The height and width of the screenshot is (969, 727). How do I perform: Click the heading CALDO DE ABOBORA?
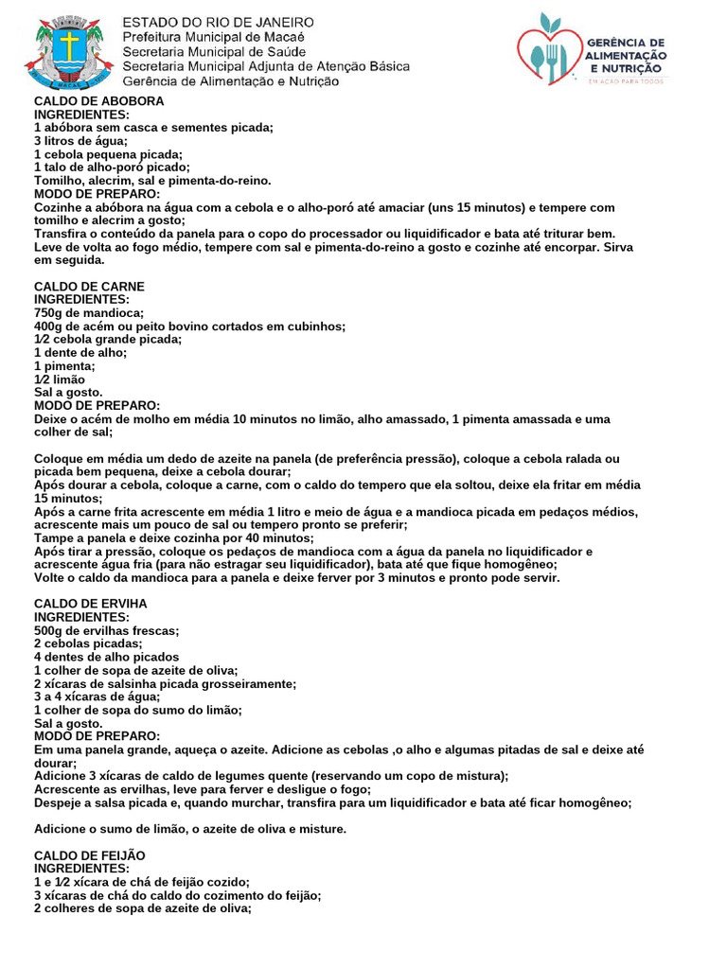click(99, 101)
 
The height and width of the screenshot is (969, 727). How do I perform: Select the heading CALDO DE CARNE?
click(89, 286)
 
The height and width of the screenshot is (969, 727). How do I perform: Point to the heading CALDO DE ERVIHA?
click(91, 603)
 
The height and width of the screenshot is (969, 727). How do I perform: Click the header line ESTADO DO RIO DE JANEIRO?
click(220, 22)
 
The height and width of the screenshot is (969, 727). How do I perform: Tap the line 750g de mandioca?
click(89, 312)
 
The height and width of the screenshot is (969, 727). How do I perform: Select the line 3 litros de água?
click(80, 141)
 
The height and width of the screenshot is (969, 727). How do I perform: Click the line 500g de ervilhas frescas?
click(107, 629)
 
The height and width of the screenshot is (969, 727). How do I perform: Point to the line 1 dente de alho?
click(80, 352)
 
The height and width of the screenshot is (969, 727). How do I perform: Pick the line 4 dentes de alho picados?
click(107, 656)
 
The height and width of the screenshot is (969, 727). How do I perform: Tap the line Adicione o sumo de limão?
click(190, 829)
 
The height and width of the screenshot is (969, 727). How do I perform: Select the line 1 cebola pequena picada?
click(108, 154)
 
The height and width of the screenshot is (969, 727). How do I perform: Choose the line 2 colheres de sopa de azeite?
click(143, 907)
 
